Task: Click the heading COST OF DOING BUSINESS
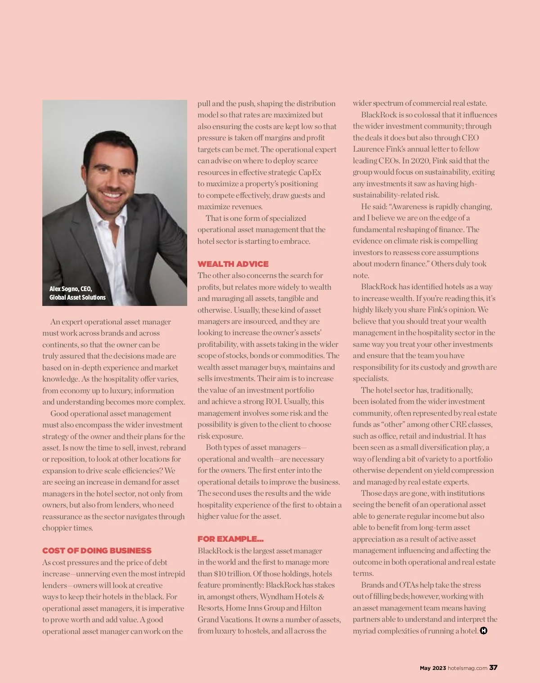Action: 97,551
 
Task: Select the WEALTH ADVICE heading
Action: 233,264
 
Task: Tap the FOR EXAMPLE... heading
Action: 230,539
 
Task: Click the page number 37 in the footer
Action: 493,668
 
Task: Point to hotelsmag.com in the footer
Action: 468,668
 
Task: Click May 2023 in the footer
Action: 432,668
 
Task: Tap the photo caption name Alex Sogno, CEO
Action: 71,289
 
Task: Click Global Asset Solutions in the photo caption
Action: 77,297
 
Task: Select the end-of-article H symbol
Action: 484,631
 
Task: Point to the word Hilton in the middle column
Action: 311,608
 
